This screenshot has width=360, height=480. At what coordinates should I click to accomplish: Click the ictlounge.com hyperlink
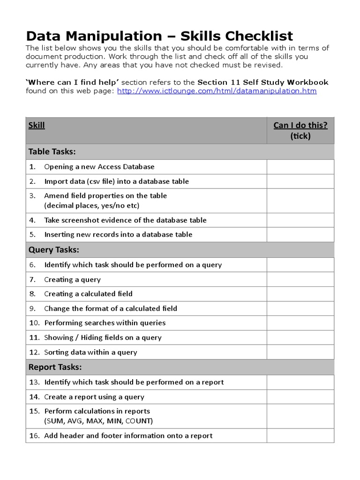pyautogui.click(x=217, y=91)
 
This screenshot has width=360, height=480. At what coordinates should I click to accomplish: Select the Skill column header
pyautogui.click(x=37, y=125)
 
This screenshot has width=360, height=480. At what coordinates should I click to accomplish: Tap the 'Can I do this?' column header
pyautogui.click(x=300, y=125)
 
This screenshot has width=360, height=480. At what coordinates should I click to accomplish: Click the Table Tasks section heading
pyautogui.click(x=52, y=151)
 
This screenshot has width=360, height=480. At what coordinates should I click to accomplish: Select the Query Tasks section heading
pyautogui.click(x=53, y=250)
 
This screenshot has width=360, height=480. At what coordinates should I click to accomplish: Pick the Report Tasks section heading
pyautogui.click(x=55, y=367)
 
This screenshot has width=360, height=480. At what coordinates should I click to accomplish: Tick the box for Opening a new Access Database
pyautogui.click(x=300, y=167)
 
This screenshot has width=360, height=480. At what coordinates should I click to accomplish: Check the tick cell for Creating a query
pyautogui.click(x=300, y=279)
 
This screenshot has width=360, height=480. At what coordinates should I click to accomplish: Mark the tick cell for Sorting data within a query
pyautogui.click(x=300, y=352)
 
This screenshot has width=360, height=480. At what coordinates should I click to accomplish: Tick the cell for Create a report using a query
pyautogui.click(x=300, y=397)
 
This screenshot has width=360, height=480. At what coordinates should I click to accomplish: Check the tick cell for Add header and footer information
pyautogui.click(x=300, y=435)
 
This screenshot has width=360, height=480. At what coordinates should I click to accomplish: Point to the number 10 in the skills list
pyautogui.click(x=34, y=323)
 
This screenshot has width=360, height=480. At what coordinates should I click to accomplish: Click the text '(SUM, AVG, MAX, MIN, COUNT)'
pyautogui.click(x=98, y=421)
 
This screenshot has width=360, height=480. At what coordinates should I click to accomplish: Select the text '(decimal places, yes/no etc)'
pyautogui.click(x=92, y=205)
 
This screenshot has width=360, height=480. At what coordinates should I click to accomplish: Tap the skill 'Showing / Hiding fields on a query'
pyautogui.click(x=103, y=337)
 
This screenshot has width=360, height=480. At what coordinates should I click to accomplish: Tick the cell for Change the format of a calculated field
pyautogui.click(x=300, y=308)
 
